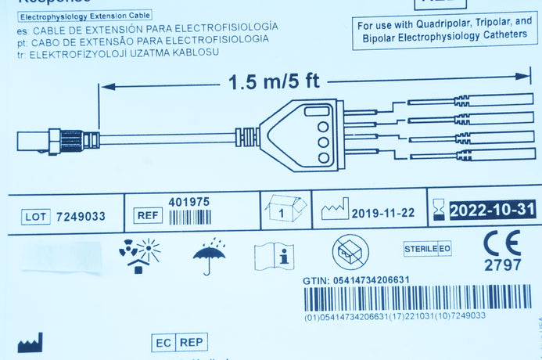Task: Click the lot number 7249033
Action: [x=81, y=216]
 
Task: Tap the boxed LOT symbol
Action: [x=36, y=216]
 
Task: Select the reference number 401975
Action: [x=188, y=202]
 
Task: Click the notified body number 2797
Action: [x=502, y=265]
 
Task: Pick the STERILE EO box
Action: [x=427, y=249]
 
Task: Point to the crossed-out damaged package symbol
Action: [x=350, y=253]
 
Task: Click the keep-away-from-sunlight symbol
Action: [x=138, y=254]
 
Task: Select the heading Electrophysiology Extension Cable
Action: [x=84, y=16]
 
